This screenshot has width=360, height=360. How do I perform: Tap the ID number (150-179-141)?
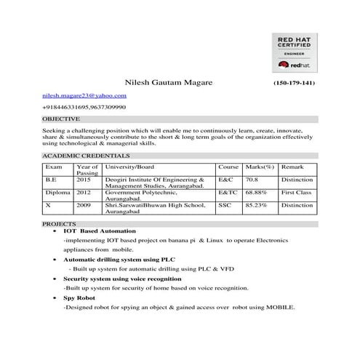point(294,84)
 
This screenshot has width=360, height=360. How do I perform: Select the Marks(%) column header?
point(260,167)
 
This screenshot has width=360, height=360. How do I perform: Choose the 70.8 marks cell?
point(252,179)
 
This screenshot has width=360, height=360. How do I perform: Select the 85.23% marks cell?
point(257,205)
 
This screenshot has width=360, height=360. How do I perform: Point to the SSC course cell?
point(225,205)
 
